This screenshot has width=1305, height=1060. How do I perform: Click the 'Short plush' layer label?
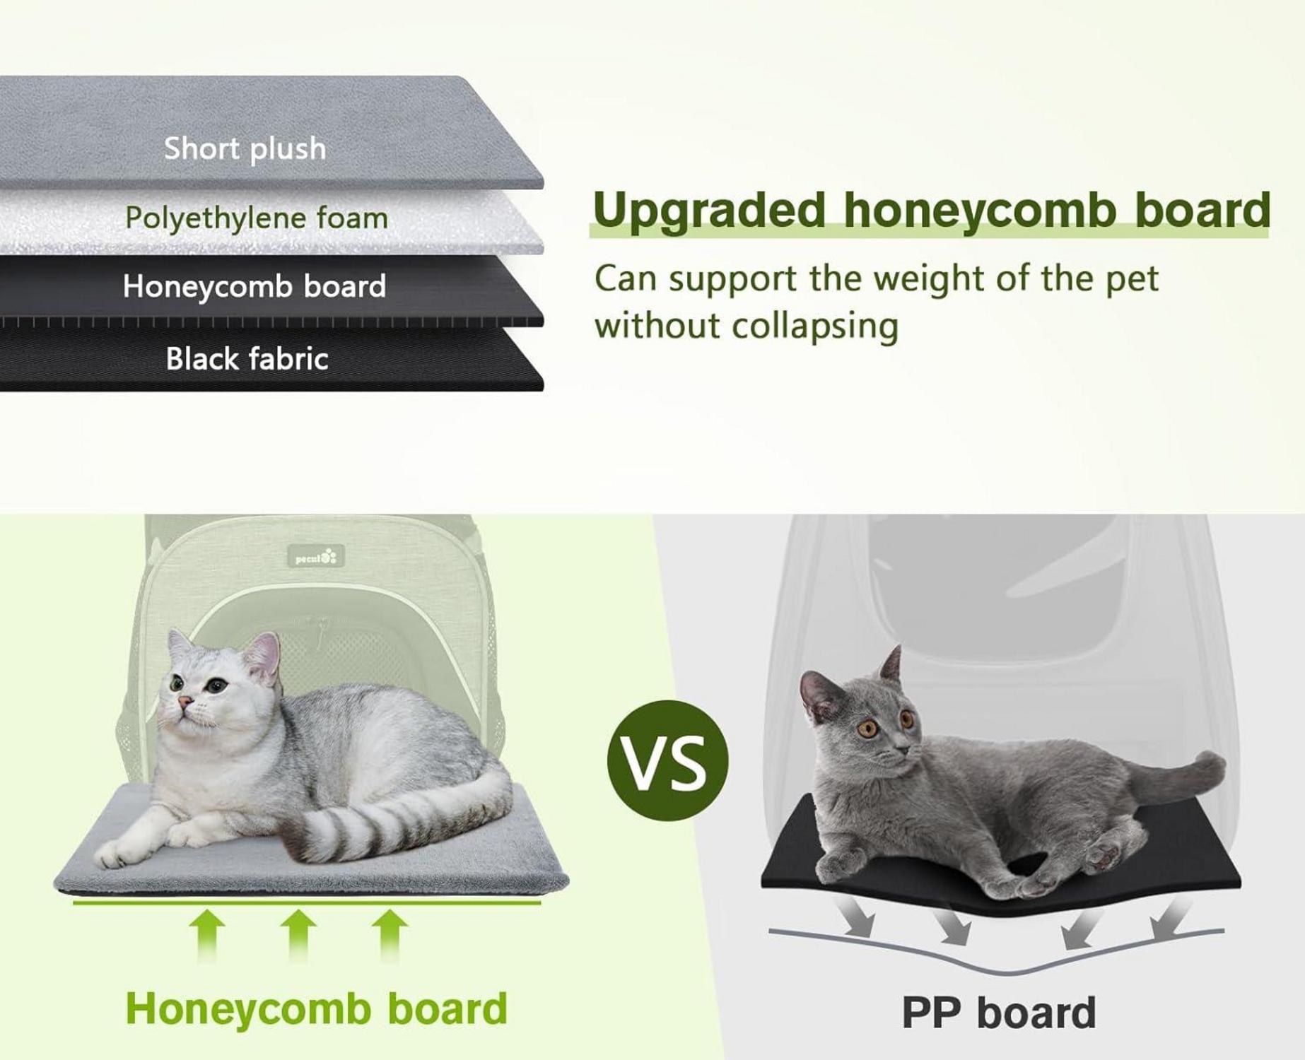point(245,149)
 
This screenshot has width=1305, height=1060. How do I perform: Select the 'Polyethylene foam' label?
point(257,218)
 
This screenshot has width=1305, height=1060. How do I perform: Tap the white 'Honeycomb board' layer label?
point(254,287)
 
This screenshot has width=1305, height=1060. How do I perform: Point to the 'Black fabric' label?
point(247,359)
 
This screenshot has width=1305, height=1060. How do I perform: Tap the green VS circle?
point(667,760)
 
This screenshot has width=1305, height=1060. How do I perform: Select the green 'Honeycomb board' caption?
point(316,1008)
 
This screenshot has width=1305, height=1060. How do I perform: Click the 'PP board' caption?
point(998,1013)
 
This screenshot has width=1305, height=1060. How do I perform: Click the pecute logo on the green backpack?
point(316,557)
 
